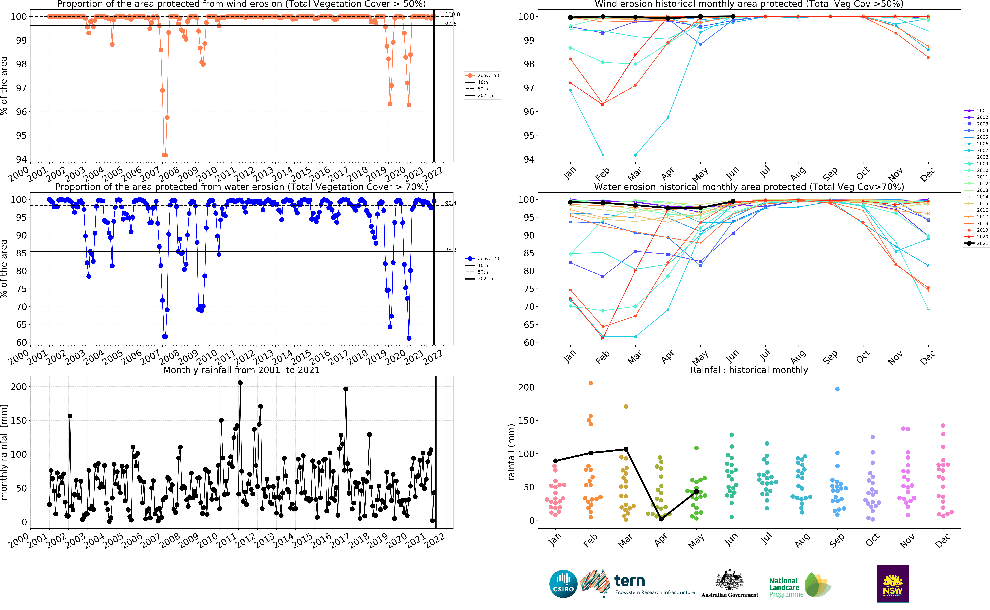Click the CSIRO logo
(x=563, y=584)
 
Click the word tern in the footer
(x=629, y=581)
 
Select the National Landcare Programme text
(x=784, y=587)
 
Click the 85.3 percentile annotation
(x=451, y=250)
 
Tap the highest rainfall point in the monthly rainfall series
(x=240, y=382)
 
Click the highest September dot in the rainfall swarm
(x=837, y=389)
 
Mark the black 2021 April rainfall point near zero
(x=661, y=519)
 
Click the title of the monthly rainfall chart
(x=241, y=370)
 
